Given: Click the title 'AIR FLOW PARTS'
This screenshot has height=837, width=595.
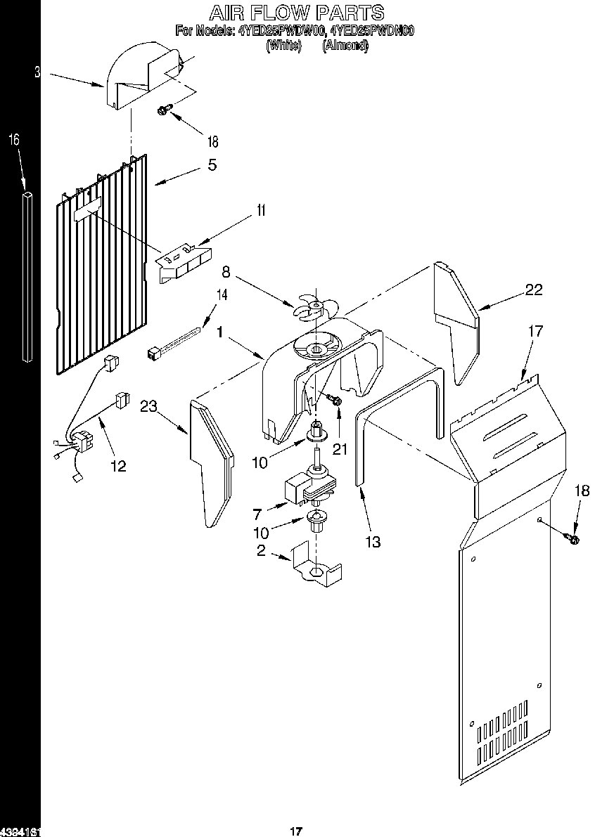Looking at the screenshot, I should (297, 12).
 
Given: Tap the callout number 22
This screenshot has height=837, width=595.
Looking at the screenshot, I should (534, 289).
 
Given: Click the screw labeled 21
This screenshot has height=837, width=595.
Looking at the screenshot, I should (335, 400).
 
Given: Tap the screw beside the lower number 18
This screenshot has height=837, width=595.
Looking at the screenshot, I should (572, 539).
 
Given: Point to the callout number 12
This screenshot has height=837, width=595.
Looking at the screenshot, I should (119, 465).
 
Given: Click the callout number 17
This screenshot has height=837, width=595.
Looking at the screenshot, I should (535, 330).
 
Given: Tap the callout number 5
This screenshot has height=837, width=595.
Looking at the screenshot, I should (212, 166).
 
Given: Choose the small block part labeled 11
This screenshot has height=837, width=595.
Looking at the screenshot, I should (184, 261).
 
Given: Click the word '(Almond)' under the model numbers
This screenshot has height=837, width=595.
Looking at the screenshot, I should (345, 46).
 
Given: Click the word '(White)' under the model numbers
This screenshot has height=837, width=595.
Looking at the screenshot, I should (284, 46).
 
